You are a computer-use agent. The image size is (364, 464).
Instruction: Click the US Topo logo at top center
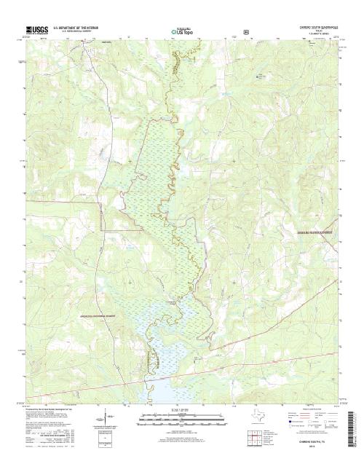coord(181,32)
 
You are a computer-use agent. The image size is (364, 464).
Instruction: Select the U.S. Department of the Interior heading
coord(77,27)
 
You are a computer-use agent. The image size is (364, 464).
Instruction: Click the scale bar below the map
coord(179,420)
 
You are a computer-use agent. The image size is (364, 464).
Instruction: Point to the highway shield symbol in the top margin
coord(247,32)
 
